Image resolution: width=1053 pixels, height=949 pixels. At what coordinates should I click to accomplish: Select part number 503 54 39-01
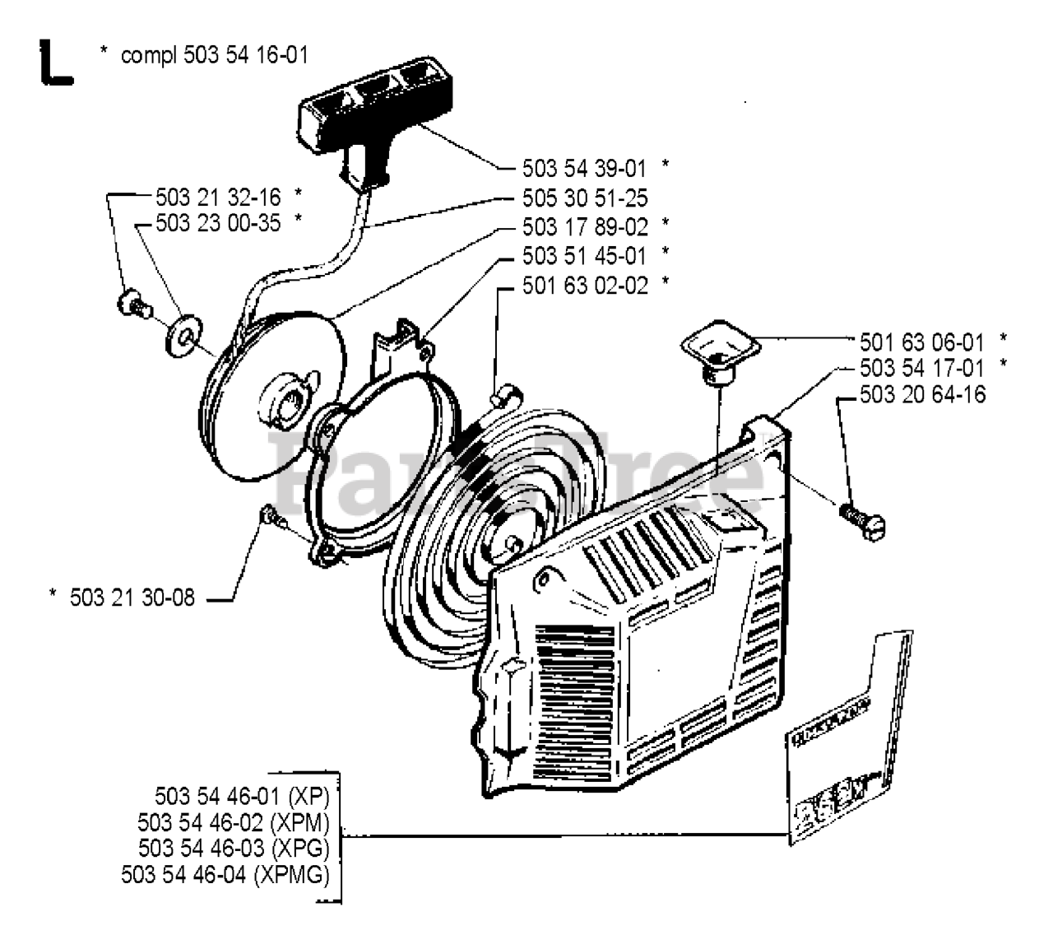click(x=584, y=168)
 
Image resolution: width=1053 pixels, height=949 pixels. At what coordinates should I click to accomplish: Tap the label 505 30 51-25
click(x=584, y=198)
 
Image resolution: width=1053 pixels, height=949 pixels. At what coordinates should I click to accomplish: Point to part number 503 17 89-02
click(x=584, y=226)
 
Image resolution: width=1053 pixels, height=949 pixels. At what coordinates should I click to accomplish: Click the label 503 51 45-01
click(x=584, y=256)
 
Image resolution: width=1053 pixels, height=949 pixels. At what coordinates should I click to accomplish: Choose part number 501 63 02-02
click(x=584, y=286)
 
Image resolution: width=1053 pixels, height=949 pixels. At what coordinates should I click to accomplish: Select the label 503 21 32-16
click(x=217, y=197)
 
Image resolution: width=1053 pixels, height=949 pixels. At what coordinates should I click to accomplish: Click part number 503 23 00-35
click(x=217, y=222)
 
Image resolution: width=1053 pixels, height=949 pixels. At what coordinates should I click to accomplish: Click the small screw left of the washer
click(x=132, y=305)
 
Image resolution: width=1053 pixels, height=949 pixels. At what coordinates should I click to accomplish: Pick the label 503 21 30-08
click(x=132, y=598)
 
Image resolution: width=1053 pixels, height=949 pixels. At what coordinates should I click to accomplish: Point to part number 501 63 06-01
click(x=921, y=341)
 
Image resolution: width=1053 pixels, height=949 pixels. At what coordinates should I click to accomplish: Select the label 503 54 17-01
click(x=921, y=367)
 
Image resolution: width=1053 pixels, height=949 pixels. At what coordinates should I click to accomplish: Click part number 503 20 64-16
click(x=922, y=394)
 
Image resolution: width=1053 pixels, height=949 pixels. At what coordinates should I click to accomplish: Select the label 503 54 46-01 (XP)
click(x=241, y=797)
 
